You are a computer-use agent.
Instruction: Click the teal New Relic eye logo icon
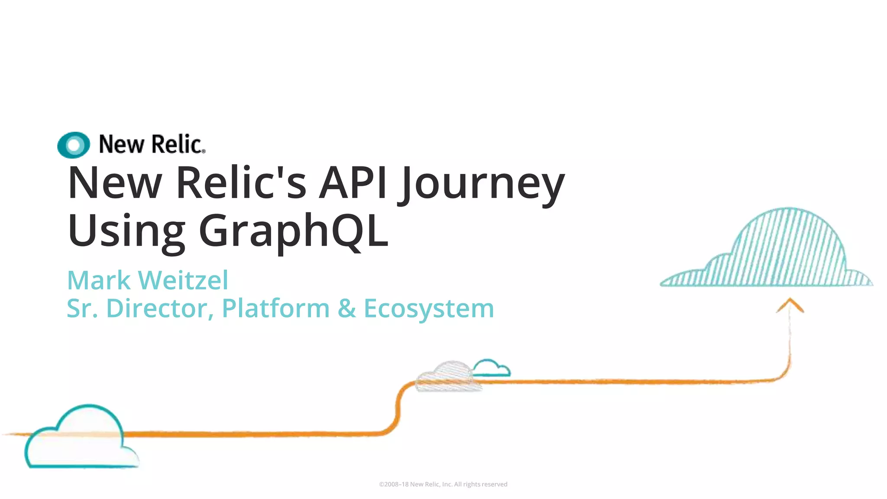click(x=74, y=145)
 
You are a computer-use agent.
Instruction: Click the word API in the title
click(x=353, y=183)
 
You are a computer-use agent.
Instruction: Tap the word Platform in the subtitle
click(x=275, y=308)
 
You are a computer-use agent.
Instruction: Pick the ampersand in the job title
click(x=346, y=308)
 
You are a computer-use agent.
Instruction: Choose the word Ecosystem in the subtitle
click(x=429, y=309)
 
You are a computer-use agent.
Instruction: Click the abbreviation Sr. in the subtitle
click(x=82, y=308)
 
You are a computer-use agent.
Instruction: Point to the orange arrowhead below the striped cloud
click(x=790, y=305)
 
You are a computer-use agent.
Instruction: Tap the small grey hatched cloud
click(x=448, y=376)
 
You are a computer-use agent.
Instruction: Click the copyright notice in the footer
click(x=443, y=484)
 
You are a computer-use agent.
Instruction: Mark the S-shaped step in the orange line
click(x=398, y=407)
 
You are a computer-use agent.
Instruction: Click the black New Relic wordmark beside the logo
click(x=152, y=145)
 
